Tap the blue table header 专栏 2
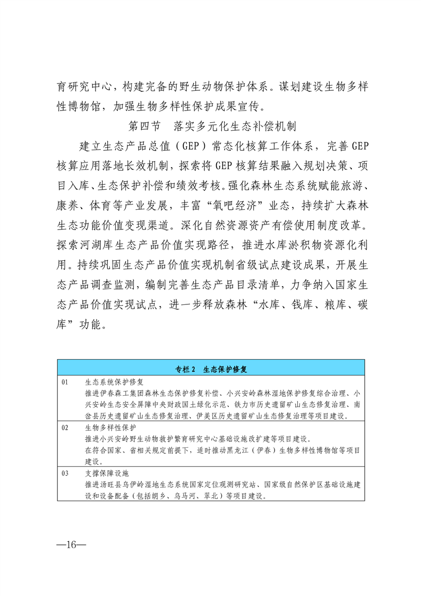click(211, 368)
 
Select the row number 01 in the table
click(66, 381)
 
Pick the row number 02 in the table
click(66, 428)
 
